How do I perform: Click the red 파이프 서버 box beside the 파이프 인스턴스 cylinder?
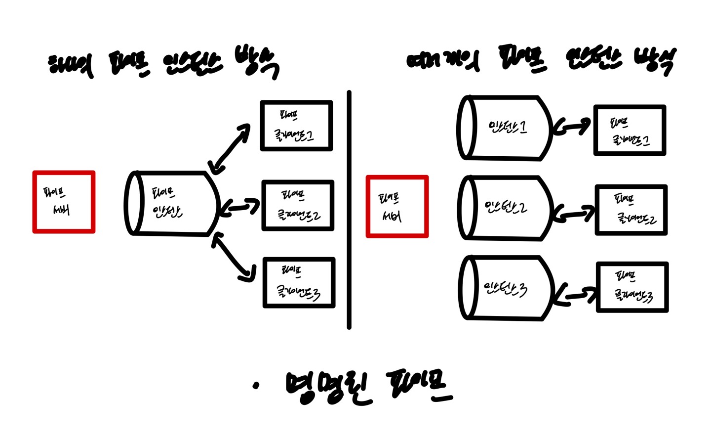point(64,202)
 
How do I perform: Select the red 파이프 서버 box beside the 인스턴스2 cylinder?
point(397,207)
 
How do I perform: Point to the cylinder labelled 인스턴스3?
point(506,288)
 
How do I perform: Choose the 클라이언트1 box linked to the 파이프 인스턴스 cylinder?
point(296,126)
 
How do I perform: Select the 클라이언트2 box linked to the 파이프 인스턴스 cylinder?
point(298,205)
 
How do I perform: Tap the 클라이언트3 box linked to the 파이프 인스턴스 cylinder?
point(299,282)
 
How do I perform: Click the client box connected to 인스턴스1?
point(630,131)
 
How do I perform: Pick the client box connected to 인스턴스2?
point(631,210)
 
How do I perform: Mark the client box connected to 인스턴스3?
point(632,287)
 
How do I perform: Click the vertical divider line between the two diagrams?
point(349,208)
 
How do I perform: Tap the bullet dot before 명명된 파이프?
point(255,386)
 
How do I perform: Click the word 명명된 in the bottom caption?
point(328,387)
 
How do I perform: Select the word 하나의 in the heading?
point(71,66)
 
